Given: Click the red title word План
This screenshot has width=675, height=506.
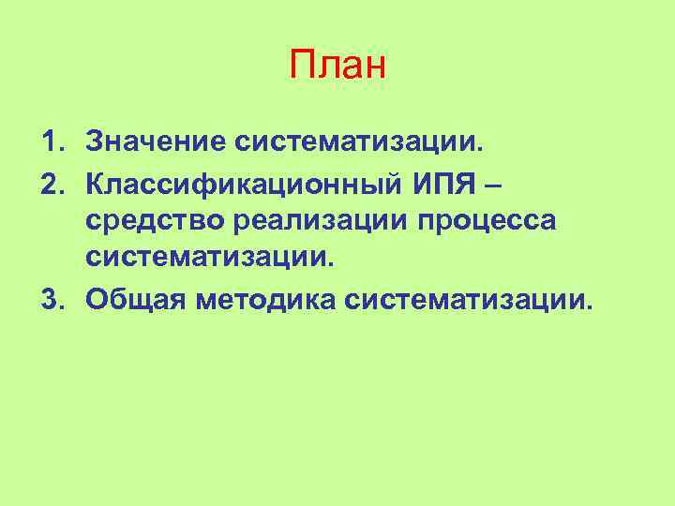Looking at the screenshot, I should click(x=337, y=67).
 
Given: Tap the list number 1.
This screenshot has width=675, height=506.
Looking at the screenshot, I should click(x=48, y=142).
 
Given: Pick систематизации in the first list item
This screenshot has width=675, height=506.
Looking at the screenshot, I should click(x=360, y=142).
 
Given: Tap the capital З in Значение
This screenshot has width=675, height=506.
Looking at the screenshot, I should click(x=94, y=142).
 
